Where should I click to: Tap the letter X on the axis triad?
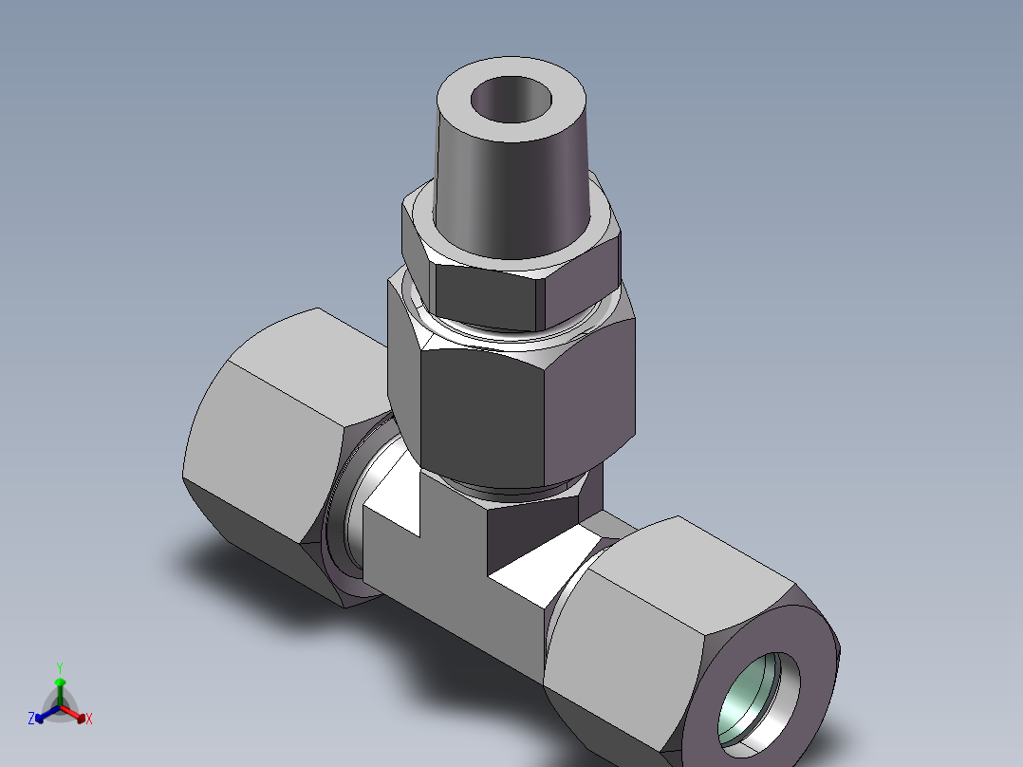[x=89, y=720]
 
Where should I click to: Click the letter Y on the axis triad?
[x=59, y=667]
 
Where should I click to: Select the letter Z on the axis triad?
[x=31, y=719]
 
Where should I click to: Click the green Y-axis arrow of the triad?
[x=60, y=689]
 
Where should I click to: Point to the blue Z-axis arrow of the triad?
[x=45, y=714]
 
